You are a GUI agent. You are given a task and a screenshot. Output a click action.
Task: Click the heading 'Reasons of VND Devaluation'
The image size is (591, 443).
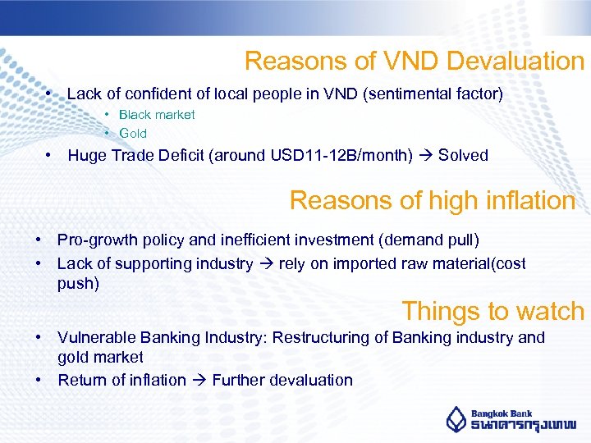[414, 61]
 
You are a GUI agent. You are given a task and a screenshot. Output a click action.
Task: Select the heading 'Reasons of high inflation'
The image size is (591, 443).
[433, 200]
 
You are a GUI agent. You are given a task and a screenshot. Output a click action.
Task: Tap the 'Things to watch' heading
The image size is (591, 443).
[492, 311]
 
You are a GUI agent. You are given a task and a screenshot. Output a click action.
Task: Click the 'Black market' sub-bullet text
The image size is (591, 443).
[157, 115]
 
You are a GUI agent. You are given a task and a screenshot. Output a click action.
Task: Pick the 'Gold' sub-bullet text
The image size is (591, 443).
[133, 133]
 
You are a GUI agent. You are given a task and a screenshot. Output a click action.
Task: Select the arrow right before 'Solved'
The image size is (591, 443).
[425, 155]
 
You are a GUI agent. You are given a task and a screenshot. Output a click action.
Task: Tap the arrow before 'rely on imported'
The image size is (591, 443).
[266, 263]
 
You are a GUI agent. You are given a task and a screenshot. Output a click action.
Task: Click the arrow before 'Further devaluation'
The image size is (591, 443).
[199, 380]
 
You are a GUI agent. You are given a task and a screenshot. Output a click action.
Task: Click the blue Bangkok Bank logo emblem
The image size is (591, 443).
[456, 418]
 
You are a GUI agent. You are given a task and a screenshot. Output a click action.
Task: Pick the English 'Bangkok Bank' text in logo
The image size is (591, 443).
[502, 413]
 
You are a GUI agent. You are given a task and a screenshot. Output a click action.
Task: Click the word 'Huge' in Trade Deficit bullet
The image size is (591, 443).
[86, 155]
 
